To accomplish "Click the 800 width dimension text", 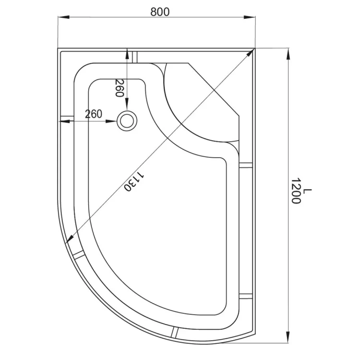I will point(160,11).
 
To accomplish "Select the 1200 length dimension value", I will point(296,191).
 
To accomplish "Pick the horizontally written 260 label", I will point(92,114).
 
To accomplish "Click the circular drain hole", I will point(126,121).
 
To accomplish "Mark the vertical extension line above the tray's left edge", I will point(58,31).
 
